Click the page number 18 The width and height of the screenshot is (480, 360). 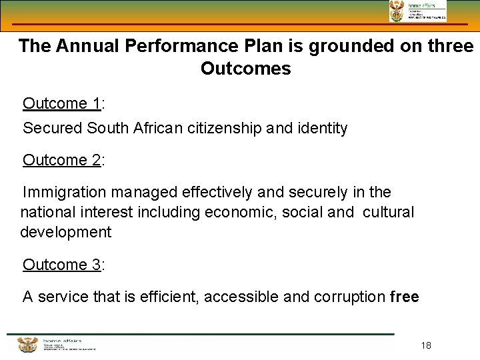[427, 345]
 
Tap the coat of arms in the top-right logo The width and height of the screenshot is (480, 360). [397, 11]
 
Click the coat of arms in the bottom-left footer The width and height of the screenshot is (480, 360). [27, 345]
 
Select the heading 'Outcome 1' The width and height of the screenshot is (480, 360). [61, 103]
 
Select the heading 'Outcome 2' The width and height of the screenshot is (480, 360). [61, 160]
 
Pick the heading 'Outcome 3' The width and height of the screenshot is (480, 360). [61, 265]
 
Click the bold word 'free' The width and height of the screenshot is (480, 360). [404, 297]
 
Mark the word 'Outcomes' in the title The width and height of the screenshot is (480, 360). [245, 69]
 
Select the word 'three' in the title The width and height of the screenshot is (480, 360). [450, 47]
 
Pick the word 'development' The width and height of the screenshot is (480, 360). [66, 233]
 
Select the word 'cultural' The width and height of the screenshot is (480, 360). [388, 213]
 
